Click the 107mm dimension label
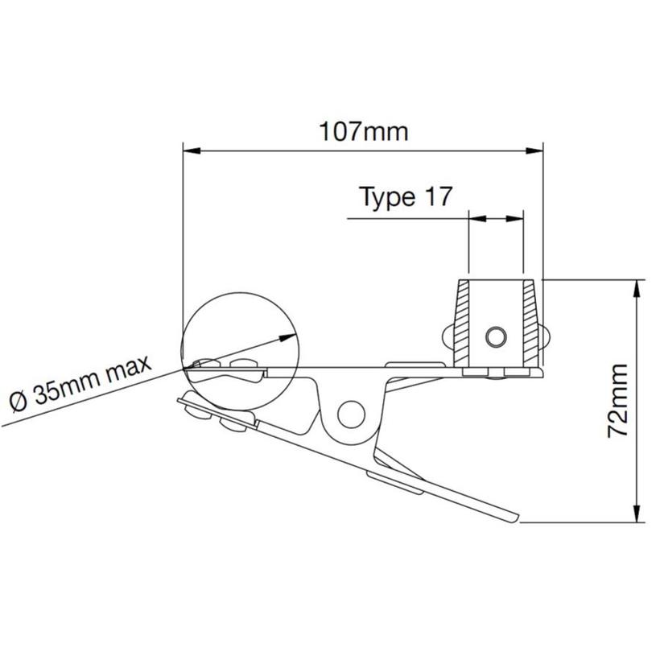click(363, 131)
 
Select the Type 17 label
click(406, 197)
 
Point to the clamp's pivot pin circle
click(350, 414)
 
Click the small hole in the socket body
click(495, 335)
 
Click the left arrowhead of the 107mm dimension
click(191, 150)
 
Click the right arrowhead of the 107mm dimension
click(537, 150)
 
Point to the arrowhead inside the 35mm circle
click(286, 336)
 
